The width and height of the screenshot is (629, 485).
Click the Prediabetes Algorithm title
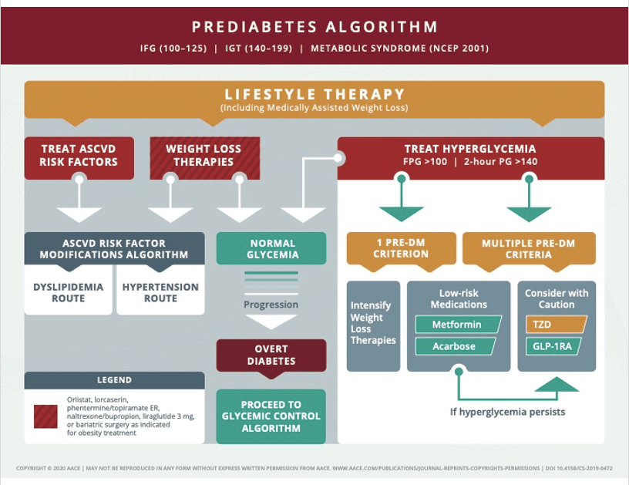point(314,27)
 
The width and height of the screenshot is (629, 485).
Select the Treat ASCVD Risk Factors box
point(79,156)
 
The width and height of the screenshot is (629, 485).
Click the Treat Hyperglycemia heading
point(470,149)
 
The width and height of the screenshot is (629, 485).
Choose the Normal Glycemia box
point(271,248)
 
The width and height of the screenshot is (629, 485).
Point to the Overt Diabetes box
point(271,355)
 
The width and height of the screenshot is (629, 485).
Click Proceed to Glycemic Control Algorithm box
point(271,416)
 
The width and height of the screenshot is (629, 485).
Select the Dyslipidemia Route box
point(69,292)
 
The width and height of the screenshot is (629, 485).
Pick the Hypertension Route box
point(160,292)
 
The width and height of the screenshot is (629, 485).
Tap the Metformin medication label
point(457,325)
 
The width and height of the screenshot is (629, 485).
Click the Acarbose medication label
point(455,346)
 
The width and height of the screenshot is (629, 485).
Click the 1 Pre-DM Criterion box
point(401,248)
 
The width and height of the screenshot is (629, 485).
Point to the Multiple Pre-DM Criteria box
point(528,248)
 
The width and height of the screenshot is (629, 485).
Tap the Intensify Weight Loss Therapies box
point(373,323)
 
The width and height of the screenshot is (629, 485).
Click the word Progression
point(271,305)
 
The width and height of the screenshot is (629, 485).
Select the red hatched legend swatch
point(45,416)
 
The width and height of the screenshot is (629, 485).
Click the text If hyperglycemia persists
point(507,412)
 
